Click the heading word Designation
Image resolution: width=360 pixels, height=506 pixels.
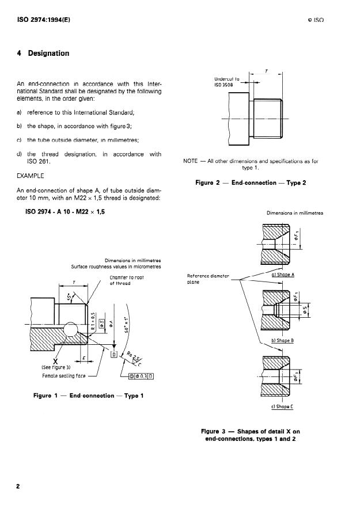[48, 54]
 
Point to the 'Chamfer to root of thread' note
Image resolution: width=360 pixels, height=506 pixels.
[127, 280]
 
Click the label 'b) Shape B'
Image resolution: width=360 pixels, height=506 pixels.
[282, 340]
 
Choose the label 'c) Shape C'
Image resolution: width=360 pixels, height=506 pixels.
[282, 406]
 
